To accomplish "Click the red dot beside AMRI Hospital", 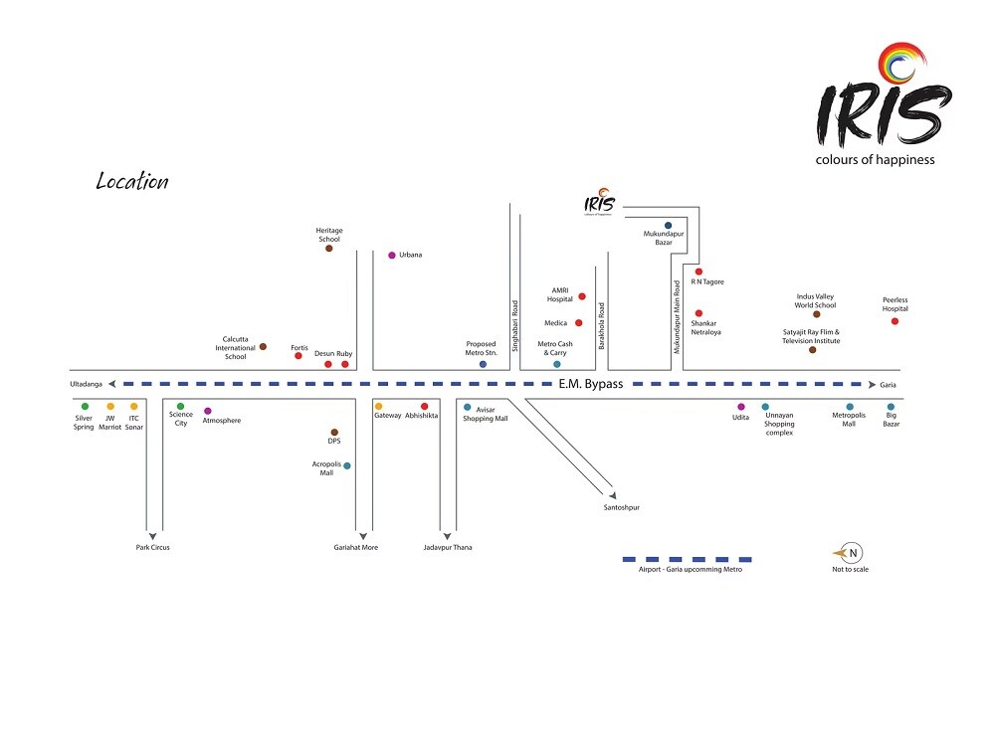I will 582,296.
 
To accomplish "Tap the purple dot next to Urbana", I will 392,256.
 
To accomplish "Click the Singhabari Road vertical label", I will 515,323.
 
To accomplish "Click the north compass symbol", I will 851,553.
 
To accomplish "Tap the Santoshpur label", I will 621,507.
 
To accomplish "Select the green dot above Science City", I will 180,406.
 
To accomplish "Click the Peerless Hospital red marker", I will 895,321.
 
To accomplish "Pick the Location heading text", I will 132,182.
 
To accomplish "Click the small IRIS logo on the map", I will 600,204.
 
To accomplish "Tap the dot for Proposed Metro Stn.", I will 483,365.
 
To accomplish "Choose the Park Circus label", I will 153,547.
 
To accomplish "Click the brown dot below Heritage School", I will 329,249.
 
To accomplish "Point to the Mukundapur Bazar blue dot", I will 668,226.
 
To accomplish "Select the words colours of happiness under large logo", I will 875,160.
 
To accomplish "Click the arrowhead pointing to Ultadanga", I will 113,384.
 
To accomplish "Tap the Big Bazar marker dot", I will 891,407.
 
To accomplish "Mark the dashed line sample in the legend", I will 687,559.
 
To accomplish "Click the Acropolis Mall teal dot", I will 346,465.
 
